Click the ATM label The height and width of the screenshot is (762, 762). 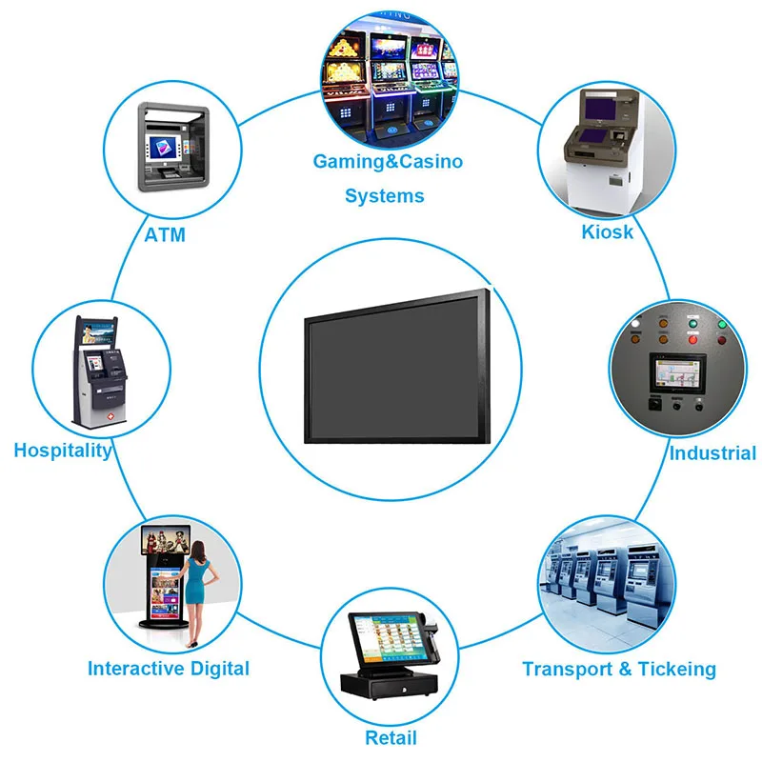[165, 234]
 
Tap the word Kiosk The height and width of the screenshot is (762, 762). [608, 231]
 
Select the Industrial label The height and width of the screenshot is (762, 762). [712, 452]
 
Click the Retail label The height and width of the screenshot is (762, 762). [391, 736]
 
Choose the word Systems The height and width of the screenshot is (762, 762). [385, 196]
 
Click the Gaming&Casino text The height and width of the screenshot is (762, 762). [388, 161]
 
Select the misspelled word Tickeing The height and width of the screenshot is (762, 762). [677, 670]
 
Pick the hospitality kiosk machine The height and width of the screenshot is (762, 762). [101, 372]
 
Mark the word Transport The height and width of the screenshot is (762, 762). [568, 670]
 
